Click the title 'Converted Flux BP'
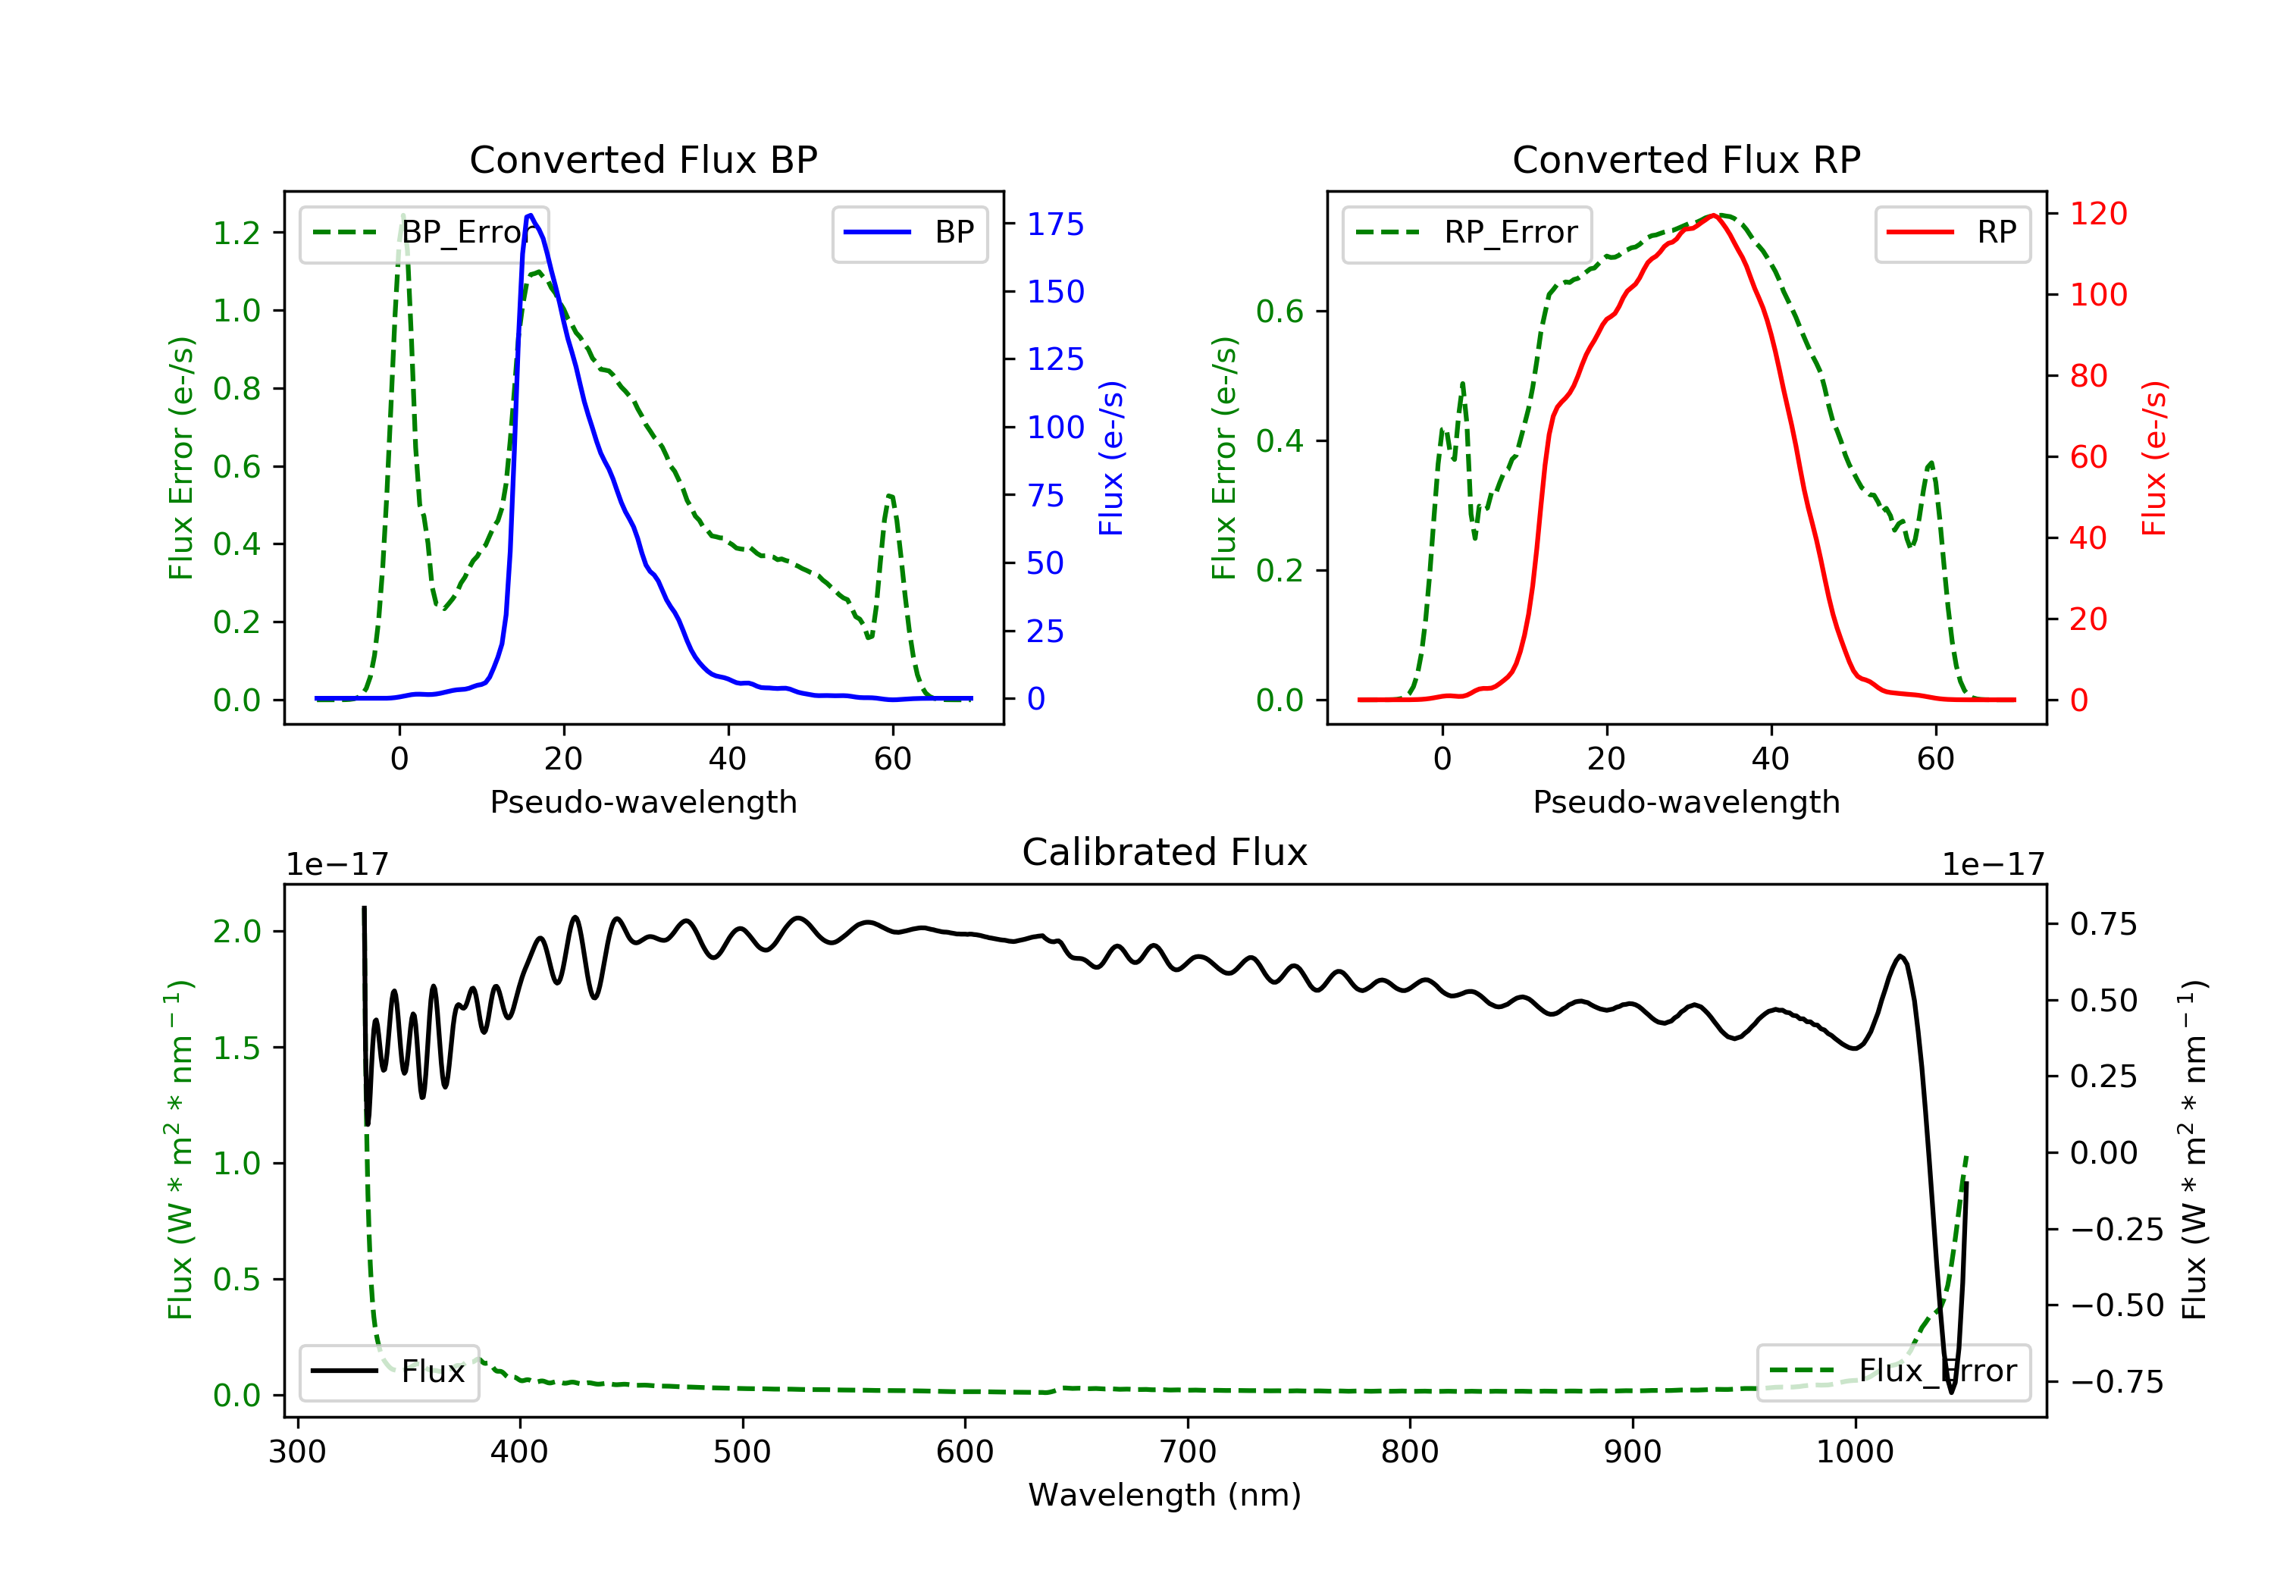coord(644,159)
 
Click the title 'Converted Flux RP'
coord(1687,159)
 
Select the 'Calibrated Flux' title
coord(1165,852)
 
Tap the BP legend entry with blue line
coord(909,233)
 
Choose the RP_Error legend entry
coord(1467,233)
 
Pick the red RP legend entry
coord(1952,233)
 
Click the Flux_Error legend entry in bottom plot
coord(1893,1371)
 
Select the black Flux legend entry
coord(388,1371)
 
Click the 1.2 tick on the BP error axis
coord(236,233)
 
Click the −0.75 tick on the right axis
coord(2116,1381)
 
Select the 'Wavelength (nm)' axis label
coord(1165,1494)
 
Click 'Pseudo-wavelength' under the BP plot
coord(644,801)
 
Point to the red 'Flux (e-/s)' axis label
coord(2154,458)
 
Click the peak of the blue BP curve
coord(531,215)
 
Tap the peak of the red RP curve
coord(1712,215)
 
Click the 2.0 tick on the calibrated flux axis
coord(236,931)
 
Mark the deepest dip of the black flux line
coord(1951,1392)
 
